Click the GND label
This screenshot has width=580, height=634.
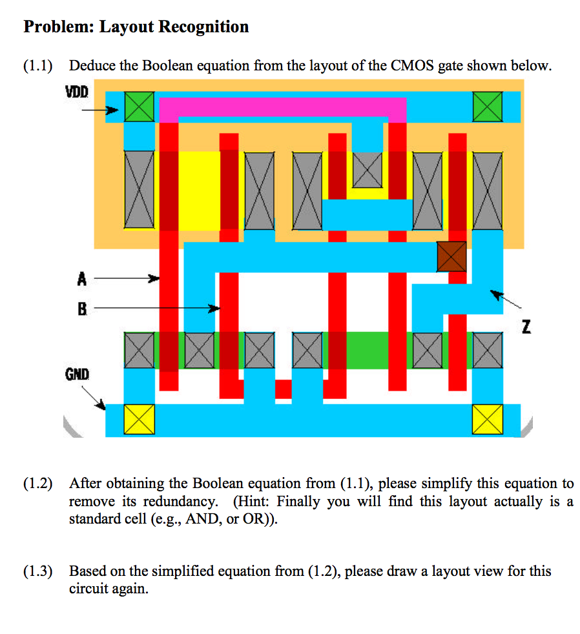(x=76, y=374)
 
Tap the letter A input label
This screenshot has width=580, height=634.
(x=81, y=280)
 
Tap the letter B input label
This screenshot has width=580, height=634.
(x=81, y=309)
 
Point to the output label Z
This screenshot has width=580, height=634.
(x=526, y=328)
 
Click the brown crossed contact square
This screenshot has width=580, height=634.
(x=451, y=256)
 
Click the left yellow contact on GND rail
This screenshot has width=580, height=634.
(x=139, y=420)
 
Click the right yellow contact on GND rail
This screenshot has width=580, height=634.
(x=488, y=420)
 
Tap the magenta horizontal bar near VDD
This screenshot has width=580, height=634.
(x=282, y=107)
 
